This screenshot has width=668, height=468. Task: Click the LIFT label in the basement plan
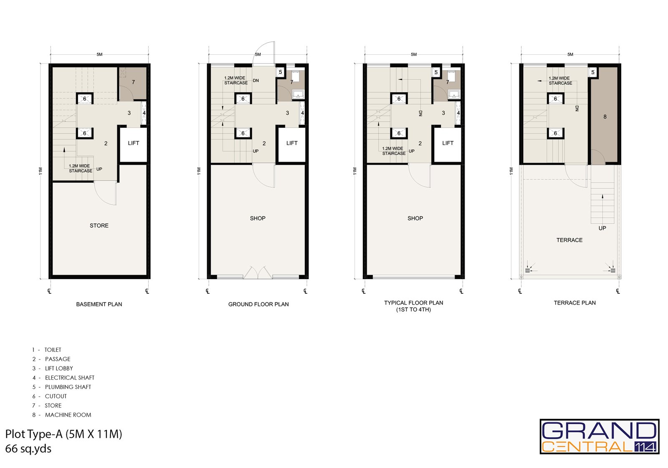pos(133,143)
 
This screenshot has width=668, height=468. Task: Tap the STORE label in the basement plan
pos(99,226)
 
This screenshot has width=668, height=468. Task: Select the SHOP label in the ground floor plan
pos(258,219)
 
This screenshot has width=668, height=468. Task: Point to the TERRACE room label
pos(569,240)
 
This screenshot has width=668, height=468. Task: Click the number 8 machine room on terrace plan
pos(605,117)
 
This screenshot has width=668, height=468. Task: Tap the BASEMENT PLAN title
pos(99,305)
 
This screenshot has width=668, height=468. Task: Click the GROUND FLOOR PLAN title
pos(258,305)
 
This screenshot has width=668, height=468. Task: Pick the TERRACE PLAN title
pos(574,303)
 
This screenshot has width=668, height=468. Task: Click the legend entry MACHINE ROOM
pos(68,415)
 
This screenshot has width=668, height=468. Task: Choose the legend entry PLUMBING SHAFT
pos(68,387)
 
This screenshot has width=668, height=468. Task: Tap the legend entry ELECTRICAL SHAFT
pos(69,378)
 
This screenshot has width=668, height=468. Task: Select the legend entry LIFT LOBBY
pos(59,369)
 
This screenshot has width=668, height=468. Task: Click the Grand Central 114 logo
pos(600,437)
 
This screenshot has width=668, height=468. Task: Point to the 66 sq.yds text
pos(28,449)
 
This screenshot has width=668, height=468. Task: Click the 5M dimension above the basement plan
pos(99,54)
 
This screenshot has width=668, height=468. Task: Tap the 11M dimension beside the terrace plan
pos(511,171)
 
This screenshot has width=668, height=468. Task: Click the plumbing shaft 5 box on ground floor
pos(280,72)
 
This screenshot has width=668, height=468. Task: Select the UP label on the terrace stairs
pos(602,228)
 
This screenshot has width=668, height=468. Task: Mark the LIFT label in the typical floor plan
pos(448,143)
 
